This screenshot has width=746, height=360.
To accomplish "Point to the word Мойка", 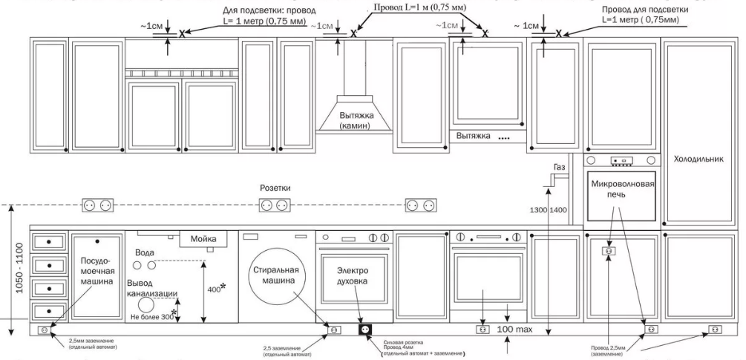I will [203, 239].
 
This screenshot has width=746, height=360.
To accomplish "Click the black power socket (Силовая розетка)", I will [364, 329].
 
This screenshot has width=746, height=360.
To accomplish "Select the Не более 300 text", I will [151, 316].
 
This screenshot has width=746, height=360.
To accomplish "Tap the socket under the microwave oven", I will [607, 252].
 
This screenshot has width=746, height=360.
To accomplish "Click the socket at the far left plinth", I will [44, 329].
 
